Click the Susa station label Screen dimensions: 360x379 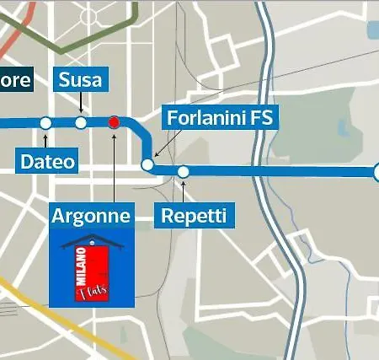tap(81, 80)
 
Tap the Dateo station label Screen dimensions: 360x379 tap(46, 160)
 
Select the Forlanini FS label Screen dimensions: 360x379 tap(220, 118)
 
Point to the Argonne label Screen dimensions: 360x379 tap(91, 217)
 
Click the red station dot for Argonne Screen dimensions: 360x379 tap(114, 122)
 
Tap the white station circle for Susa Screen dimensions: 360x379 tap(81, 123)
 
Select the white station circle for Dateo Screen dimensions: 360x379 tap(45, 123)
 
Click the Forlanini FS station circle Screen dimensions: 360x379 tap(147, 164)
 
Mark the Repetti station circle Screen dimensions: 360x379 tap(183, 172)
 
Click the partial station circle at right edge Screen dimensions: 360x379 tap(376, 172)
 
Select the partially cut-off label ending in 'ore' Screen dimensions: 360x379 tap(16, 80)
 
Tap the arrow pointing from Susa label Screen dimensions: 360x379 tap(81, 105)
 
